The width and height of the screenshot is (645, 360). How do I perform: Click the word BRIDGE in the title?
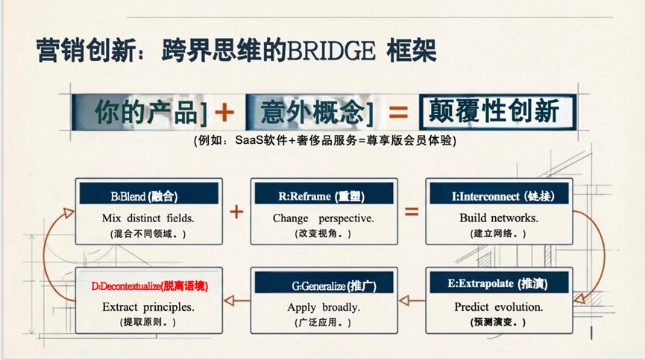tap(331, 51)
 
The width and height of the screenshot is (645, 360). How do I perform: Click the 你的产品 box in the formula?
tap(141, 113)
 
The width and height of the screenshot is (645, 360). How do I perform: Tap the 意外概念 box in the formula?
tap(310, 113)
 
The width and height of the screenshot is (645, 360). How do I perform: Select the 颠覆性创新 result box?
tap(497, 112)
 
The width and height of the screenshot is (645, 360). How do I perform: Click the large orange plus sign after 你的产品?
tap(224, 113)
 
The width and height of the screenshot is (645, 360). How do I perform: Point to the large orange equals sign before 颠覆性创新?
tap(398, 113)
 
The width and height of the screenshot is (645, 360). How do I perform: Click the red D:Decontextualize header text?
tap(150, 286)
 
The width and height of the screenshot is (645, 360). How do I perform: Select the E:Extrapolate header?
tap(499, 282)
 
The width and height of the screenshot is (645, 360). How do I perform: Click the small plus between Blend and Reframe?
tap(236, 212)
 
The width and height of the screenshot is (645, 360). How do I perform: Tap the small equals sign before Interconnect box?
tap(412, 212)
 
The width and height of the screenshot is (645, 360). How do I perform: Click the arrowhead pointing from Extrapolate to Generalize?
tap(404, 300)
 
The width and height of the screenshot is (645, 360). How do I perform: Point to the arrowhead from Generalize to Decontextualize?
tap(229, 300)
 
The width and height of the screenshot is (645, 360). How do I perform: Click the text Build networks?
tap(499, 218)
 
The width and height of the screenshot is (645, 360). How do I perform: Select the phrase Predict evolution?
tap(499, 306)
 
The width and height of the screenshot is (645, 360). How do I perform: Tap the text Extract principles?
tap(148, 307)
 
